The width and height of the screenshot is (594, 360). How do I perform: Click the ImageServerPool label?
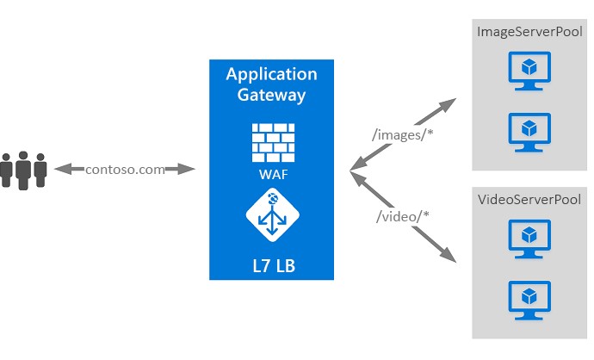(529, 32)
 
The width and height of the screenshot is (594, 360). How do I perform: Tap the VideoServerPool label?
(529, 199)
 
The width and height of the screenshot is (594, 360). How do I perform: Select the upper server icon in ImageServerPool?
(529, 71)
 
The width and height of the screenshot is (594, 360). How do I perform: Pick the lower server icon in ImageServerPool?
(529, 133)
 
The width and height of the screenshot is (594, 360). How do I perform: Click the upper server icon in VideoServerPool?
(529, 239)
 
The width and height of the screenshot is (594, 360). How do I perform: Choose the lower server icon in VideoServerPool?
(529, 300)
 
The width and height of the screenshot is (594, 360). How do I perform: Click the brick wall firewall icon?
(273, 143)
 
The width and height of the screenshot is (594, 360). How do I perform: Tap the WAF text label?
(273, 174)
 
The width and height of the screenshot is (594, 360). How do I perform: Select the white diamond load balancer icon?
(272, 214)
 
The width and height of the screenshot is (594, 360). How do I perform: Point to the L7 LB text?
(274, 265)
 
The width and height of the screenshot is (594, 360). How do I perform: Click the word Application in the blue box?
(272, 75)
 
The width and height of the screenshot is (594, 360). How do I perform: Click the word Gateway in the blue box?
(271, 95)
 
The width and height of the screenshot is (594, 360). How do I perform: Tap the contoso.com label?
(125, 170)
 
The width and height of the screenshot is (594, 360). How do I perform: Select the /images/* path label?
(402, 134)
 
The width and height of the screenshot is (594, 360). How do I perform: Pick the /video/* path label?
(402, 216)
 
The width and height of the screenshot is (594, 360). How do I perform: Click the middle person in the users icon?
(23, 171)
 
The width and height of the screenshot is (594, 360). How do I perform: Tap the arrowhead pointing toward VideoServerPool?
(448, 255)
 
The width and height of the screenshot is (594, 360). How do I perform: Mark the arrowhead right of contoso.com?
(187, 169)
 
